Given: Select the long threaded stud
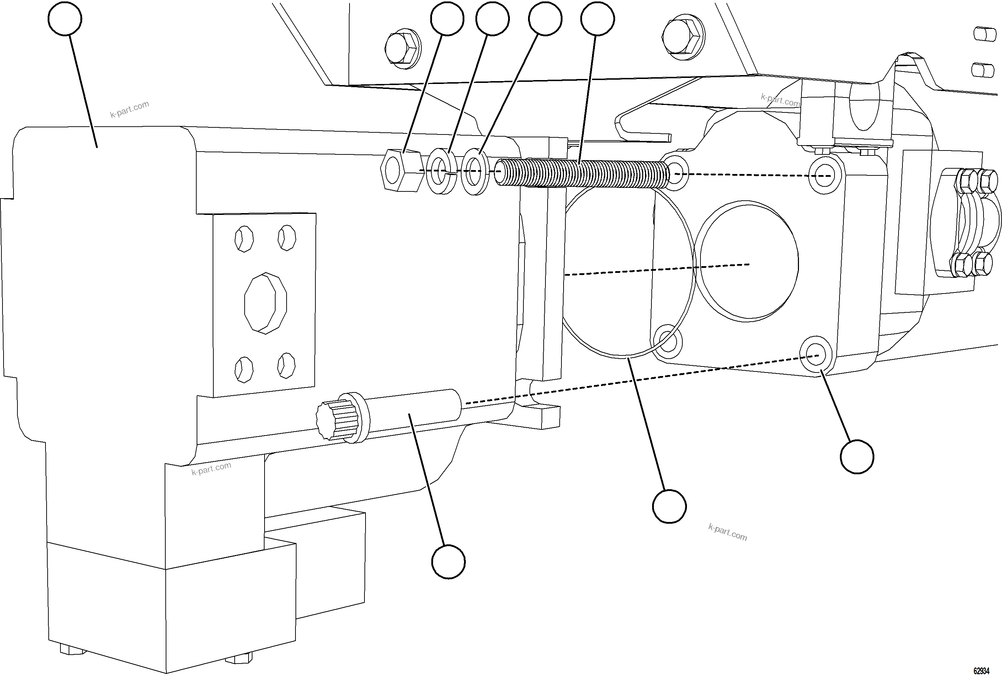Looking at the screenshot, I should [582, 173].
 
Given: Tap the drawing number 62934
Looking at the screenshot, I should [981, 671].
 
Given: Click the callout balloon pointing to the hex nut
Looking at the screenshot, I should [447, 19].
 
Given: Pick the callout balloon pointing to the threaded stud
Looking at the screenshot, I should [597, 19].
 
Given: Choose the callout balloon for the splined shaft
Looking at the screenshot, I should [448, 562].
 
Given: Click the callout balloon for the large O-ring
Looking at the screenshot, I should [669, 506].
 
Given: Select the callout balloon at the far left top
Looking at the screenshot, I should [65, 19].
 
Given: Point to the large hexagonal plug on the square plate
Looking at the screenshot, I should [265, 303].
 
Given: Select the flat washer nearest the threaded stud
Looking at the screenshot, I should [475, 171].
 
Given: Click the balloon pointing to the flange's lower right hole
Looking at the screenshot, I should [857, 456].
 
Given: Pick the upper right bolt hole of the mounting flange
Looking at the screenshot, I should [825, 175].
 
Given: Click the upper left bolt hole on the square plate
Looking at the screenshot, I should [244, 239].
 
